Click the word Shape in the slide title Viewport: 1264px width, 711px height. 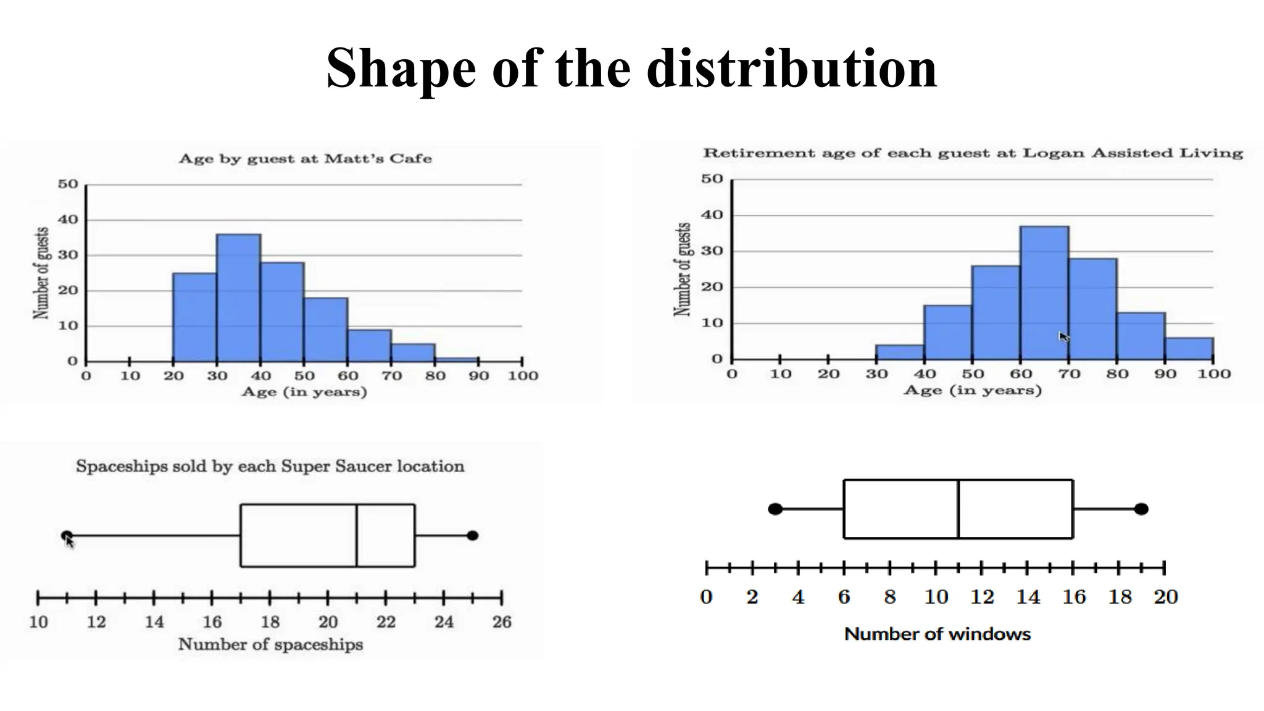point(401,69)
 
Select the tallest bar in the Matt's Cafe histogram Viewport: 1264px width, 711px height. point(238,297)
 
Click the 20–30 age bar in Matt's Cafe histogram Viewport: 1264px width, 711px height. point(194,317)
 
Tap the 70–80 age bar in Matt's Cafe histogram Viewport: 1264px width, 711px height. point(413,352)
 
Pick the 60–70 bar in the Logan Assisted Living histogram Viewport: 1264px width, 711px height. point(1044,293)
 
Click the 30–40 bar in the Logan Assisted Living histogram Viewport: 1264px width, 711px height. point(900,352)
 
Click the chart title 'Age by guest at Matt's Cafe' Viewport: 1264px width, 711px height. point(305,159)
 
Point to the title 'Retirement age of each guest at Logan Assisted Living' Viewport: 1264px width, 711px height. point(973,153)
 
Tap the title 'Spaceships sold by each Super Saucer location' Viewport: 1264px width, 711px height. point(270,466)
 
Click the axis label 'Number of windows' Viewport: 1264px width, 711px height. point(937,634)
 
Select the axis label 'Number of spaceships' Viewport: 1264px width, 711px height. point(270,644)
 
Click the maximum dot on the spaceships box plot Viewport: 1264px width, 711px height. point(472,535)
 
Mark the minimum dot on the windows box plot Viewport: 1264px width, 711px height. point(775,509)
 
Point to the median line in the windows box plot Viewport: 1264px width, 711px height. point(958,509)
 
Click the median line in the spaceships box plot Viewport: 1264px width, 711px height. point(356,535)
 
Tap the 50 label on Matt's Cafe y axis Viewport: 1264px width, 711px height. point(68,184)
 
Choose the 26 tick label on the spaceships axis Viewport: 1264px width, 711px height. point(502,622)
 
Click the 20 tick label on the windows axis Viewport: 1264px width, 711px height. point(1165,597)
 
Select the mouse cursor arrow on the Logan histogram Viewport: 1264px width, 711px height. point(1063,337)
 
